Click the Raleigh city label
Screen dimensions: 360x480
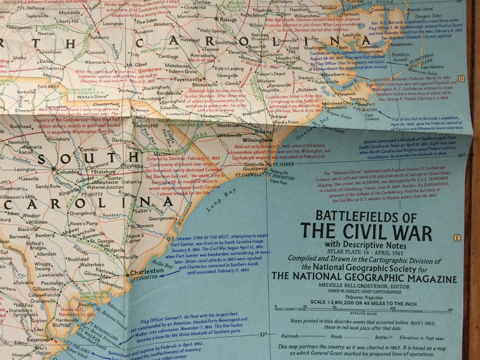(x=229, y=19)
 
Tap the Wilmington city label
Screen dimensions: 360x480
(x=256, y=140)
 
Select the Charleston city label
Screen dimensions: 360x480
(x=147, y=272)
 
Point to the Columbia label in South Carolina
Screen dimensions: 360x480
(x=67, y=172)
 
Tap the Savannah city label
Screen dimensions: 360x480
(x=38, y=340)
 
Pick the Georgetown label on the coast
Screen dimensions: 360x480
(x=162, y=219)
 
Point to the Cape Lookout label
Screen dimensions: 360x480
(x=368, y=117)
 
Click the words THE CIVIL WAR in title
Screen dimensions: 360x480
(x=366, y=232)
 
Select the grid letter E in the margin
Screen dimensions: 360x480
(x=457, y=238)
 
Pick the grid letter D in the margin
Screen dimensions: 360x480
(x=461, y=78)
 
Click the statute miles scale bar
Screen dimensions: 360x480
(x=363, y=309)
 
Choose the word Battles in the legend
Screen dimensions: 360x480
(x=382, y=337)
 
